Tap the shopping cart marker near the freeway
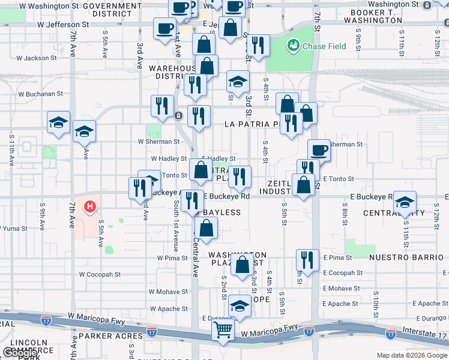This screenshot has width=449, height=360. pyautogui.click(x=223, y=329)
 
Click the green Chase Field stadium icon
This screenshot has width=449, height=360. pyautogui.click(x=294, y=45)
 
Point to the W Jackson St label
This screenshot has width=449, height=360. pyautogui.click(x=37, y=59)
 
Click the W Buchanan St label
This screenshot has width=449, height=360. pyautogui.click(x=40, y=94)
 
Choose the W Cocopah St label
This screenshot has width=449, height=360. pyautogui.click(x=100, y=274)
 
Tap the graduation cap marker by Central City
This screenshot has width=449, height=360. pyautogui.click(x=405, y=203)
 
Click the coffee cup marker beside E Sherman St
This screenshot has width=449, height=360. pyautogui.click(x=319, y=151)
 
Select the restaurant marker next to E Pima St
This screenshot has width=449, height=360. pyautogui.click(x=307, y=260)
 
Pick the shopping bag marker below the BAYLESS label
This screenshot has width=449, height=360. pyautogui.click(x=206, y=229)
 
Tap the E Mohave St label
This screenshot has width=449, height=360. pyautogui.click(x=341, y=289)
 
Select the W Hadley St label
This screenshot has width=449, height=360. pyautogui.click(x=170, y=159)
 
